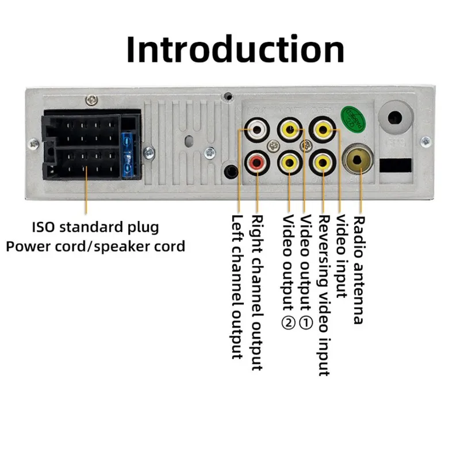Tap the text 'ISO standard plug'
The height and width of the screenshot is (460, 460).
(95, 227)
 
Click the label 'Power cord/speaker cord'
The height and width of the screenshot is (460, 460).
(95, 247)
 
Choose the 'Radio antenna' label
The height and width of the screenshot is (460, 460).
(358, 270)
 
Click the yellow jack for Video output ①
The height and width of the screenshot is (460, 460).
(290, 129)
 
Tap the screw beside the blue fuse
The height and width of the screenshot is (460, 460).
(149, 152)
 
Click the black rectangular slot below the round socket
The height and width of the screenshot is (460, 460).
(396, 165)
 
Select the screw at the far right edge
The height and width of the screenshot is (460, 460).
(425, 141)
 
